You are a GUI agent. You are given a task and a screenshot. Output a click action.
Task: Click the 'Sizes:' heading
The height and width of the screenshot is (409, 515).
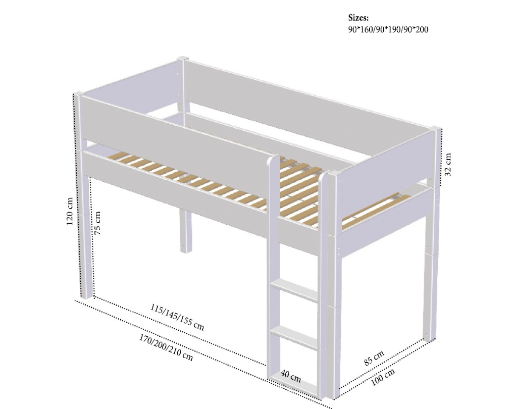(358, 17)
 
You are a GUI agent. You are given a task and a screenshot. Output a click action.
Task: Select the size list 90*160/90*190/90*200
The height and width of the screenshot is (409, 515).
(388, 30)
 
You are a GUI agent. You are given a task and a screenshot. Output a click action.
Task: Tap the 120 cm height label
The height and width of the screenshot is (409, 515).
(70, 211)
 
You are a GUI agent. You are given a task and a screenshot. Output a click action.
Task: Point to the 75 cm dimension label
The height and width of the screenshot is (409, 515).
(97, 223)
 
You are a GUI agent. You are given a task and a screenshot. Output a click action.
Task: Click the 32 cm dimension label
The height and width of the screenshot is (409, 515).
(448, 165)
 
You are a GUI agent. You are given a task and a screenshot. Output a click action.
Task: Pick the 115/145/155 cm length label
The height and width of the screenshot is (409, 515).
(177, 317)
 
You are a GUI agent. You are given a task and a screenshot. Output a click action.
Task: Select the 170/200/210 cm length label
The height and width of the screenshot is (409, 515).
(166, 347)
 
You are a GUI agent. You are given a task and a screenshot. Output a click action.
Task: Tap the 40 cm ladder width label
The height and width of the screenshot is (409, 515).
(291, 377)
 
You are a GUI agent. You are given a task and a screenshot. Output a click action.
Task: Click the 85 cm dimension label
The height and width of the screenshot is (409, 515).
(374, 358)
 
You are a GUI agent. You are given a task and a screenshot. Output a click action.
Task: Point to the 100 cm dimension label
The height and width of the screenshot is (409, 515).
(383, 378)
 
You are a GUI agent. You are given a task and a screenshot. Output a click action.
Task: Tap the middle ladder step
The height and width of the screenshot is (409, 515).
(294, 336)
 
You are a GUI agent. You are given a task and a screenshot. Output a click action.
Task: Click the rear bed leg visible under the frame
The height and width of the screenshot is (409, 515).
(186, 231)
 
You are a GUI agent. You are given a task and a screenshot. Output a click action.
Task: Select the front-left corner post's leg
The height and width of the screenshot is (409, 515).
(86, 236)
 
